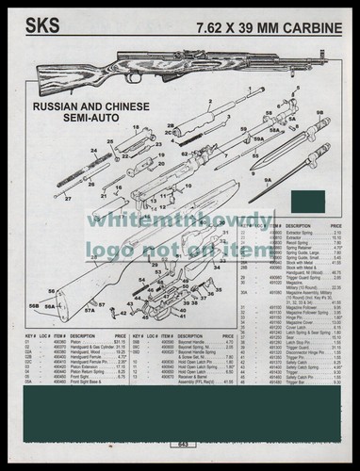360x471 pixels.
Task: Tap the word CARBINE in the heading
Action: [308, 20]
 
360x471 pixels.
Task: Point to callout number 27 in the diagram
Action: [67, 200]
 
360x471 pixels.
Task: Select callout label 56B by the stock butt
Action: [34, 305]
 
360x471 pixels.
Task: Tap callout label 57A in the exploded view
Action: [92, 309]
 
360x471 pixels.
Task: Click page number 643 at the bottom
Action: [180, 445]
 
